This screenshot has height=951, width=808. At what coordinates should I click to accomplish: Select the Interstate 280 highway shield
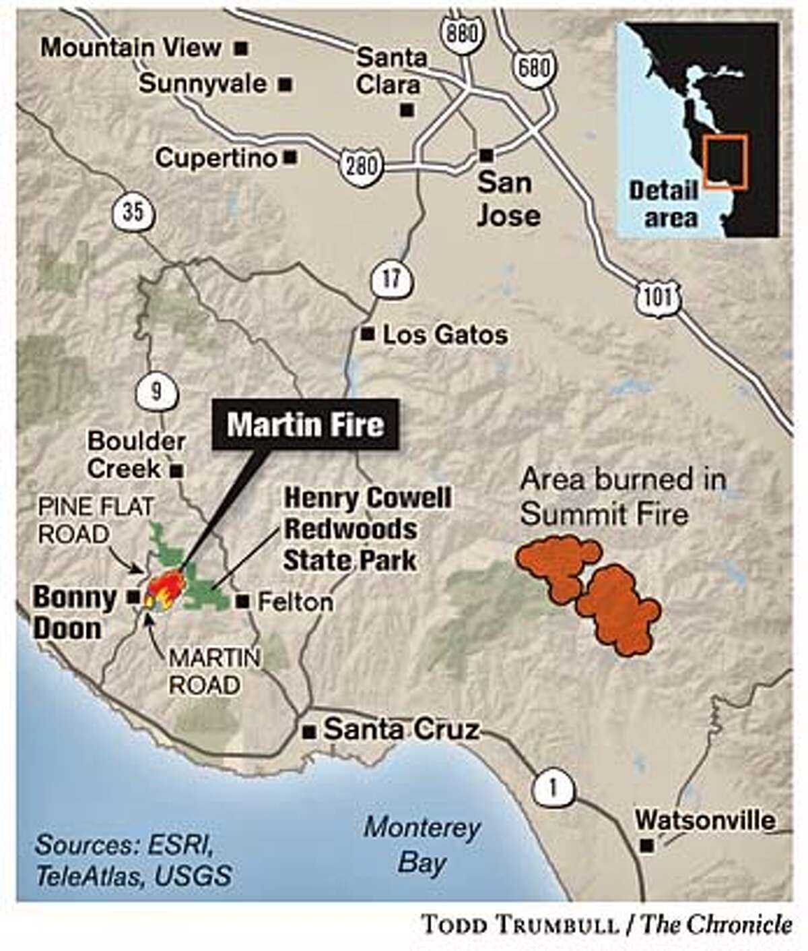[360, 164]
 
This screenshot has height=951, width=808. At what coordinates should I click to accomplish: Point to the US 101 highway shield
[657, 299]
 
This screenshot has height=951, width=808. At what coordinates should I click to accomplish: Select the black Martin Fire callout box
[305, 425]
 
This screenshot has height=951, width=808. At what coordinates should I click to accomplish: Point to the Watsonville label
[704, 821]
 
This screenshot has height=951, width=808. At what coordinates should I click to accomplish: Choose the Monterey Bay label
[422, 845]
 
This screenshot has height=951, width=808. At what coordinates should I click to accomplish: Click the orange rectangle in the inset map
[725, 162]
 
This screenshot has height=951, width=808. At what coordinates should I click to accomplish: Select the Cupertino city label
[216, 158]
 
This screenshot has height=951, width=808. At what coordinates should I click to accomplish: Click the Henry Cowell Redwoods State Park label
[367, 530]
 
